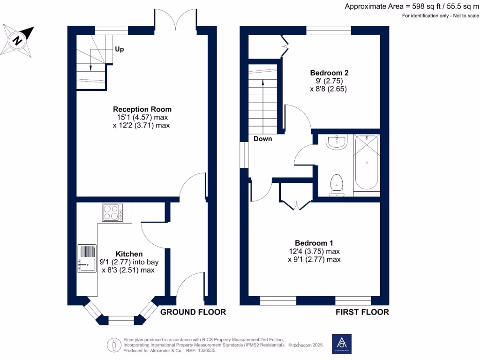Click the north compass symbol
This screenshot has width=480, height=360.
(18, 41)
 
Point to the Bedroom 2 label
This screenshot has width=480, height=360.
(329, 73)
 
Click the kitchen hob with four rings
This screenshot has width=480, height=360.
(112, 212)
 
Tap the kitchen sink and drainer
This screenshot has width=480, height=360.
(87, 259)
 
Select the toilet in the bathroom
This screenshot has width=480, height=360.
(336, 185)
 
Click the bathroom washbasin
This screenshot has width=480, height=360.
(336, 142)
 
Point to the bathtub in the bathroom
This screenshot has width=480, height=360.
(366, 164)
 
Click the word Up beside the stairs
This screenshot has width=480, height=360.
(120, 49)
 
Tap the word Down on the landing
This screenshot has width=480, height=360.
(263, 139)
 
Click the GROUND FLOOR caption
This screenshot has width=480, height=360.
(193, 312)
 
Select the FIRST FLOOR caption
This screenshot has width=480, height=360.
(362, 312)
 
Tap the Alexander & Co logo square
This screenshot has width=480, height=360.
(341, 344)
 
